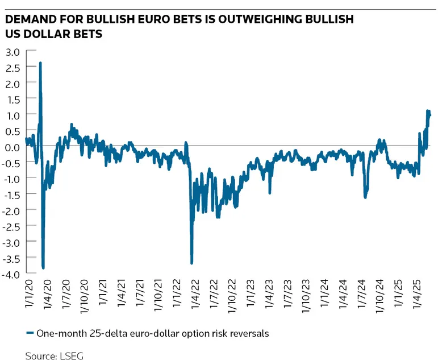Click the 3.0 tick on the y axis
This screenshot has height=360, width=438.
click(12, 51)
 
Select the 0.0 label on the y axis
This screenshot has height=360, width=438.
click(12, 147)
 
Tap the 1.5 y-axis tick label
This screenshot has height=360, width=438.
click(12, 99)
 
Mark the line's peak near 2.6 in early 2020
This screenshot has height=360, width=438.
click(40, 63)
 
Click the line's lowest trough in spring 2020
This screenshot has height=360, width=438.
click(44, 267)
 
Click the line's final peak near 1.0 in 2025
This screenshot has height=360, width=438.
click(428, 111)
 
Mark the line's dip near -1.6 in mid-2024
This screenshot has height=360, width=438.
click(365, 197)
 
